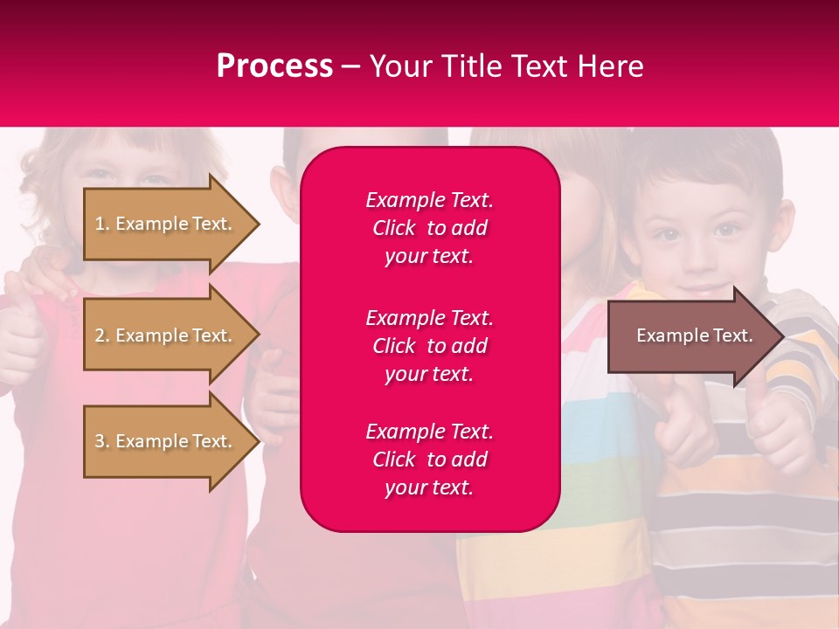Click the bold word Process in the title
pyautogui.click(x=274, y=66)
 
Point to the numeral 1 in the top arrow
pyautogui.click(x=100, y=224)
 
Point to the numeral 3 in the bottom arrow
pyautogui.click(x=100, y=441)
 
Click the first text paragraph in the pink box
pyautogui.click(x=429, y=228)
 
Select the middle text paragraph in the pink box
pyautogui.click(x=429, y=345)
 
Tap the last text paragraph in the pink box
pyautogui.click(x=429, y=460)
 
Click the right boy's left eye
pyautogui.click(x=726, y=231)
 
